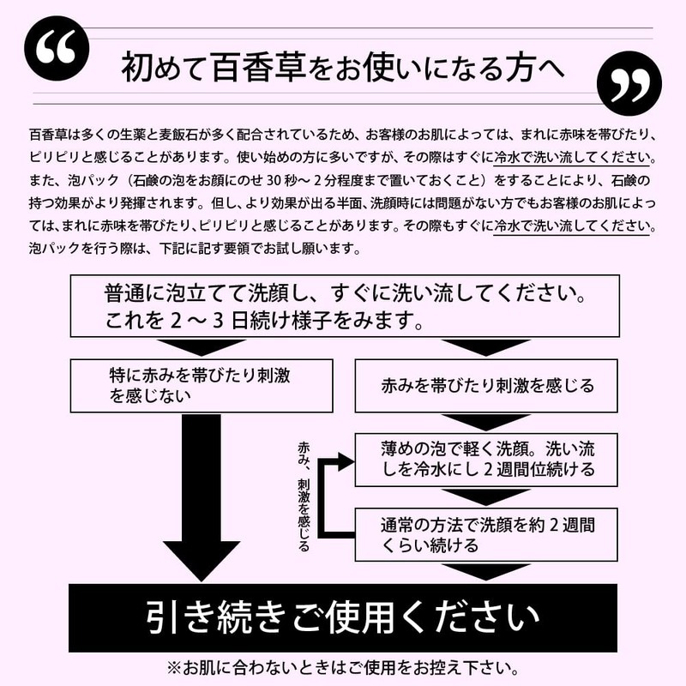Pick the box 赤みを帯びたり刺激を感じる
(x=486, y=385)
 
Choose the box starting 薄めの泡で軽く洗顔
(x=486, y=459)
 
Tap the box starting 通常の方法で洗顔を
(x=486, y=533)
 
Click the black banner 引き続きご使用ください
(x=343, y=617)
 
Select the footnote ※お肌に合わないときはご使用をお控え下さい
(x=343, y=666)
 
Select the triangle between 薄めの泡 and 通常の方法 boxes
(x=485, y=496)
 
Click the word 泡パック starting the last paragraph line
(x=51, y=248)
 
